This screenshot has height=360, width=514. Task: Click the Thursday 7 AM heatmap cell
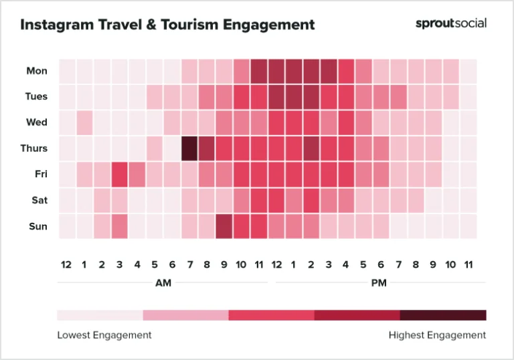(x=189, y=148)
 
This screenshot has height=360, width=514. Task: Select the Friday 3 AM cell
(x=119, y=174)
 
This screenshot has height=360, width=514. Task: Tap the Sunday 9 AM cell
(x=224, y=226)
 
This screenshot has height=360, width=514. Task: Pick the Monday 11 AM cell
(x=258, y=70)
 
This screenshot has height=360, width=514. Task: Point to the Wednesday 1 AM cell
(x=84, y=122)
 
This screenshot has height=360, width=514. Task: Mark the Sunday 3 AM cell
(x=119, y=226)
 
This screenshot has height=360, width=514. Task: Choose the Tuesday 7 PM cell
(x=398, y=96)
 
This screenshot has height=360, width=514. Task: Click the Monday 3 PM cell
(x=328, y=70)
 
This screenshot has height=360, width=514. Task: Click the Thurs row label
(x=35, y=148)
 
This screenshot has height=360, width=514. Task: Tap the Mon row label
(x=37, y=70)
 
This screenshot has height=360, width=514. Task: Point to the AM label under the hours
(x=163, y=283)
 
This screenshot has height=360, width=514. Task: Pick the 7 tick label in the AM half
(x=189, y=265)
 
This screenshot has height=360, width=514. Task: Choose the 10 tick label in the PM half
(x=450, y=265)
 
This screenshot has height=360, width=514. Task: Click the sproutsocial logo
(x=450, y=23)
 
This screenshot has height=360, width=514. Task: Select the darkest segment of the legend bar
(x=443, y=315)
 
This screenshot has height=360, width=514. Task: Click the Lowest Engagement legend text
(x=104, y=335)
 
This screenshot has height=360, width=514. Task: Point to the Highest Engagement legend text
(x=437, y=335)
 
